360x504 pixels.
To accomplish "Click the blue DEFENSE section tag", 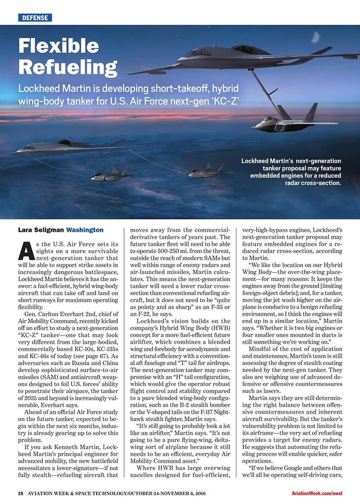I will click(35, 18).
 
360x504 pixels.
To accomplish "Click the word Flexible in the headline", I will click(59, 46).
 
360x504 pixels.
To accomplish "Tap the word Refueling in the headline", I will click(67, 66).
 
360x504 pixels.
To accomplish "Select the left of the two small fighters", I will click(112, 174).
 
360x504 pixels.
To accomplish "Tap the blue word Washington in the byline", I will click(85, 230).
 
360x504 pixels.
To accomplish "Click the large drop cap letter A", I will click(24, 252).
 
